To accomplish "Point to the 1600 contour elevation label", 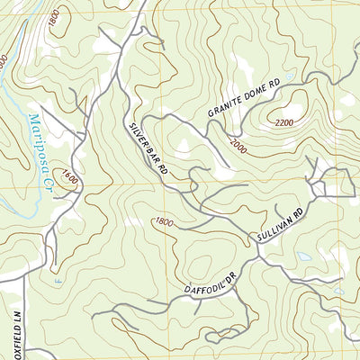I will tap(70, 179).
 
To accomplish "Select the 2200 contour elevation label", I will tap(285, 122).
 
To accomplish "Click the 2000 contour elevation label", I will tap(238, 144).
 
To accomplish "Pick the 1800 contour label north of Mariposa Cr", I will tap(55, 16).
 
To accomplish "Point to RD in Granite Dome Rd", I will tap(274, 85).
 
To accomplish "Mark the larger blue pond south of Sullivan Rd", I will tap(305, 256).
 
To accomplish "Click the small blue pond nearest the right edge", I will tap(338, 290).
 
